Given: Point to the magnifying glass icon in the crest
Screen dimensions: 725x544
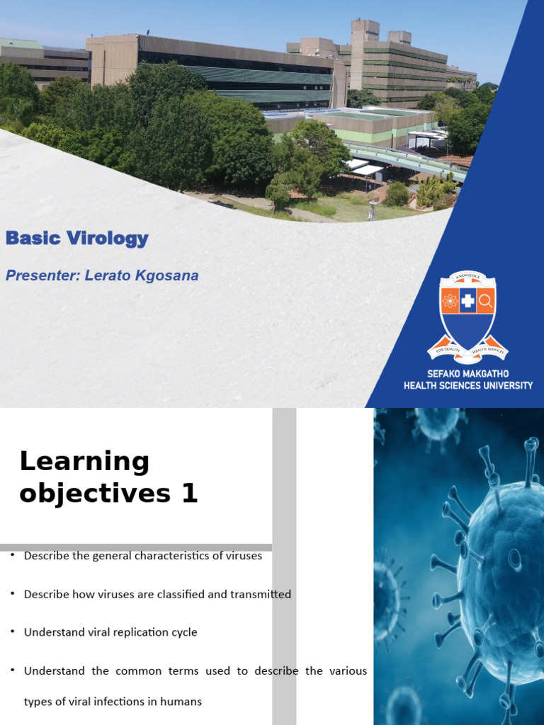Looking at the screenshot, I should [485, 302].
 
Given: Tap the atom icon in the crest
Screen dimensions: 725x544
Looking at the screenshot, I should [450, 302].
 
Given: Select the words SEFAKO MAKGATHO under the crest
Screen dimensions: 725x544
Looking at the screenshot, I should [467, 373].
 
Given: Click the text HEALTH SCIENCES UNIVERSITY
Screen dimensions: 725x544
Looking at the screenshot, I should [468, 385].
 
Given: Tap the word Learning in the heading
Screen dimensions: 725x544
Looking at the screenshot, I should [84, 462].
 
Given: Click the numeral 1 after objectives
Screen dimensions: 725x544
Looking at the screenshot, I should [189, 493].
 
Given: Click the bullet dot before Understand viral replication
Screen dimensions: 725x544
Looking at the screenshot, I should [13, 632].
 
